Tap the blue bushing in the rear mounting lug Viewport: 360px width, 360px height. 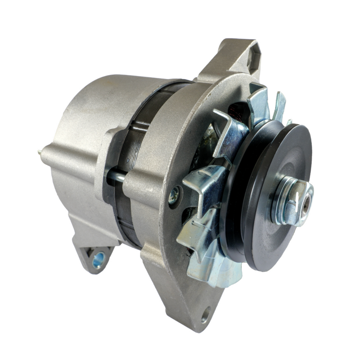tap(98, 259)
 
